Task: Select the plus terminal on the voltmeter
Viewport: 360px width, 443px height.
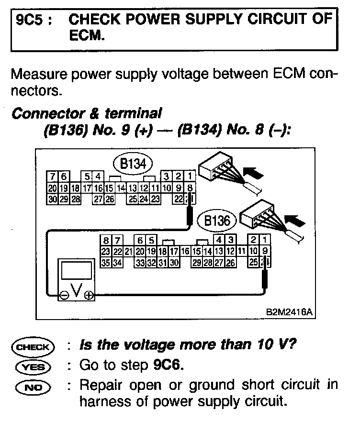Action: tap(89, 296)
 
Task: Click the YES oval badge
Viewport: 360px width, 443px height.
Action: tap(35, 367)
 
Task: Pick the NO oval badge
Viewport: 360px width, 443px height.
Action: tap(35, 387)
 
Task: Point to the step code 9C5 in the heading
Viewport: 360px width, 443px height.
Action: tap(30, 20)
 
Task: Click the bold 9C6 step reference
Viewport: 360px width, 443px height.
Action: tap(168, 365)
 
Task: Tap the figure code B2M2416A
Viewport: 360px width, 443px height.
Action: tap(289, 312)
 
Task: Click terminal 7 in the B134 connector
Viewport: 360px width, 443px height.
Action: tap(52, 177)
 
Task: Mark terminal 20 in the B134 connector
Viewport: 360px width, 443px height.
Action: tap(52, 188)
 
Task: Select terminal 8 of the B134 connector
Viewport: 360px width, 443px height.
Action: tap(190, 188)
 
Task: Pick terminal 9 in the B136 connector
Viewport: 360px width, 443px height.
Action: tap(265, 251)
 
